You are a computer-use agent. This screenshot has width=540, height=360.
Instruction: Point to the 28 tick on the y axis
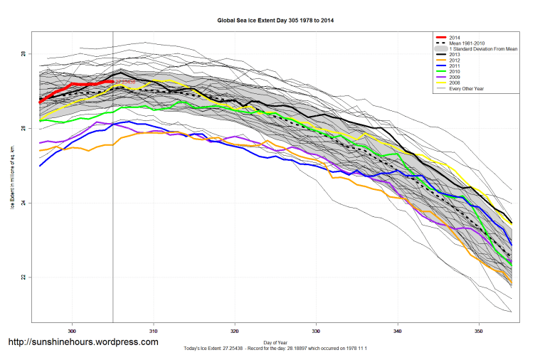point(23,54)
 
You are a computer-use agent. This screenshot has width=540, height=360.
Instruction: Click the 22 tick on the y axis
point(23,277)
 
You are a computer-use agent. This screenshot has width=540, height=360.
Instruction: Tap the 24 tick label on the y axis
point(23,203)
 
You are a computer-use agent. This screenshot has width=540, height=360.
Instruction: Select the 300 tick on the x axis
point(72,331)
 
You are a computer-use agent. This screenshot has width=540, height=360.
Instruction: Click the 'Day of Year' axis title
point(275,342)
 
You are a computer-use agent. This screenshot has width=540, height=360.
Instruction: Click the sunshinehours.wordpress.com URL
point(83,342)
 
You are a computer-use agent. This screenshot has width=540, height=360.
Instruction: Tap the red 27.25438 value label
point(125,83)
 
